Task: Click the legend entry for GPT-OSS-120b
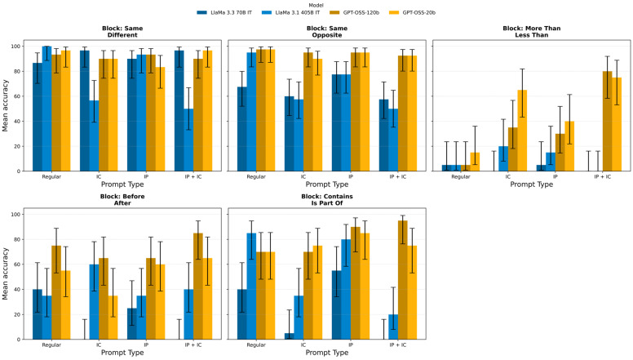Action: coord(355,12)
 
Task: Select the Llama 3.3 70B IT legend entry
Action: coord(224,12)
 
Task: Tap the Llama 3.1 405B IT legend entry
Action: coord(290,12)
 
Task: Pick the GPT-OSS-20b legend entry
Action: coord(412,12)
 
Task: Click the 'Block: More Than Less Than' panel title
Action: coord(531,32)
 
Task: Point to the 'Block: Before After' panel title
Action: coord(122,200)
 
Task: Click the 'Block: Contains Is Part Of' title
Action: coord(327,200)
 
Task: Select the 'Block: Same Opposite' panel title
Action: coord(327,32)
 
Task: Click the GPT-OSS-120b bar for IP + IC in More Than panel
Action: coord(607,121)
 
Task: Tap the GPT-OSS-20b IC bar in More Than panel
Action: coord(522,131)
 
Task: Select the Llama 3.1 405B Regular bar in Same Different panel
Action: coord(46,109)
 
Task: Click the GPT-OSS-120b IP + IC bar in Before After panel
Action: coord(197,286)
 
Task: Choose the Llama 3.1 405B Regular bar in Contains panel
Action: coord(251,286)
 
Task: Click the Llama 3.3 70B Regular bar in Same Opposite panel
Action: coord(241,129)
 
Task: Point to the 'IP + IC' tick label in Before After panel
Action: coord(193,345)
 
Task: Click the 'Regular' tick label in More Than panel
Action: coord(461,177)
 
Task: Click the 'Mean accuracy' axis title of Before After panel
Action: coord(5,273)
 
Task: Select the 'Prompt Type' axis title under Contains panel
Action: coord(327,353)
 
